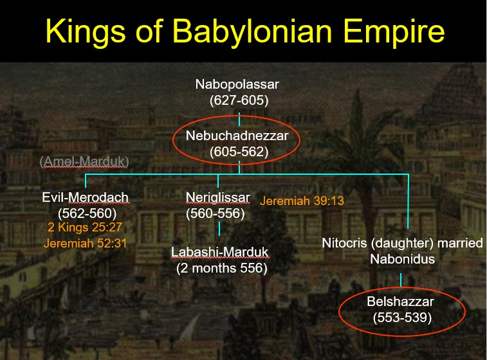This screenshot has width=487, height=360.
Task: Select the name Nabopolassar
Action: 237,84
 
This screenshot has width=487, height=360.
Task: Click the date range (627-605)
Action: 239,100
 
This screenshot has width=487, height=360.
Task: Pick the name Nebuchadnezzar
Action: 237,136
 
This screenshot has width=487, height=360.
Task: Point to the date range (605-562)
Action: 239,152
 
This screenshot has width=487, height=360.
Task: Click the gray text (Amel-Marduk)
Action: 84,162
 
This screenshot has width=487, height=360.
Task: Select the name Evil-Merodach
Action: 86,197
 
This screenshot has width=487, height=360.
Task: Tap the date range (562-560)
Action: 87,213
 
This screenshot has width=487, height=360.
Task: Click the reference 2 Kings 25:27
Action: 85,227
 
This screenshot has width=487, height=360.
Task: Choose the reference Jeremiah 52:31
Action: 85,243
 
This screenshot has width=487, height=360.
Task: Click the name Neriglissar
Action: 217,197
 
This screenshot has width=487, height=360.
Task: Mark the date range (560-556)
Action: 216,213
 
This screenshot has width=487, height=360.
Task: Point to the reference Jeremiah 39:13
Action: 302,201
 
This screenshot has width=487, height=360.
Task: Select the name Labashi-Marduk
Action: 219,252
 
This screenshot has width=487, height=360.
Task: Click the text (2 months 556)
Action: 222,268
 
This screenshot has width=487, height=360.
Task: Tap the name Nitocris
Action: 344,243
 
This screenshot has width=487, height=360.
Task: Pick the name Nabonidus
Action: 402,259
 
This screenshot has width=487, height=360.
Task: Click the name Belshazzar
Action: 400,301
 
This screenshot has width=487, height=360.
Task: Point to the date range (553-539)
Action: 402,318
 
